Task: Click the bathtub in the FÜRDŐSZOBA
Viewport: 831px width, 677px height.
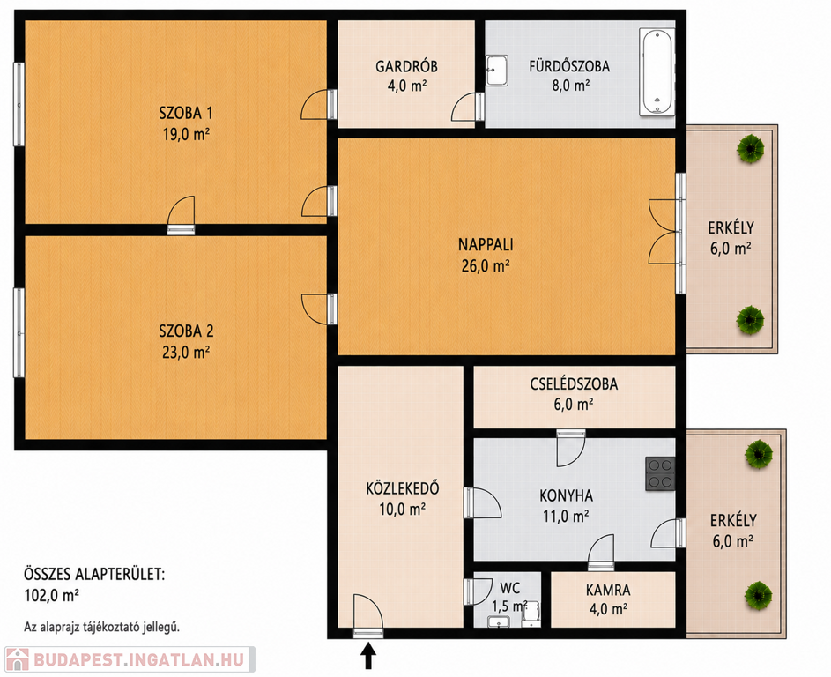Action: tap(657, 72)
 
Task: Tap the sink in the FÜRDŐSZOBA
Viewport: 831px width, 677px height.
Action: tap(497, 71)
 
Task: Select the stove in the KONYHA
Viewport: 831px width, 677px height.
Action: tap(660, 472)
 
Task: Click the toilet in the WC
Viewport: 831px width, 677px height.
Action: tap(531, 614)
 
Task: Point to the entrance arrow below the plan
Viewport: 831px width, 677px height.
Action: tap(368, 655)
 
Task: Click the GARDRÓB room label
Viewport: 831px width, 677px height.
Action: tap(406, 66)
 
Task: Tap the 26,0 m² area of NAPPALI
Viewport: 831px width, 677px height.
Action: tap(486, 265)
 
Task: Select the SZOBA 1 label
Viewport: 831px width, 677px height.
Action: tap(186, 113)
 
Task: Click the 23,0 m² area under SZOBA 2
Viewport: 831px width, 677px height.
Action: tap(186, 352)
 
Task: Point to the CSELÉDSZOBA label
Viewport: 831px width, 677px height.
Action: tap(574, 383)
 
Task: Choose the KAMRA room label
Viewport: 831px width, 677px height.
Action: tap(608, 590)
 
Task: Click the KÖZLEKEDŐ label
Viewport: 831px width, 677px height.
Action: tap(403, 488)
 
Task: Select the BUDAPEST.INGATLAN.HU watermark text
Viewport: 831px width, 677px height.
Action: tap(139, 660)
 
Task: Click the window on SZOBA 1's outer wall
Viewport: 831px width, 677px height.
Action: tap(19, 104)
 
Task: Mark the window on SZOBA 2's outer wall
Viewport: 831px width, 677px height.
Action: tap(19, 332)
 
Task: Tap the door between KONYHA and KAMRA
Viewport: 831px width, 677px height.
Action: tap(601, 553)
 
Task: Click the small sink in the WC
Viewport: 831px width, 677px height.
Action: tap(498, 621)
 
